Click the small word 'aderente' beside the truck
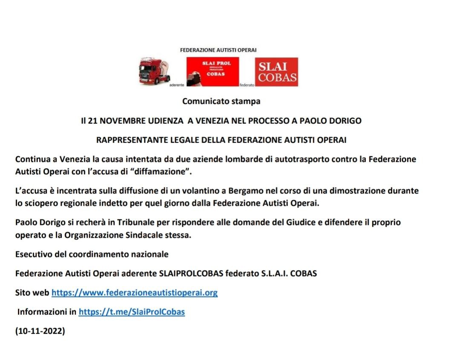(x=177, y=85)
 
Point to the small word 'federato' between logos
(x=247, y=85)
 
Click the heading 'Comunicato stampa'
(x=221, y=101)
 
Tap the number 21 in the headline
(x=92, y=121)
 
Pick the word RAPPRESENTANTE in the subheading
(x=126, y=140)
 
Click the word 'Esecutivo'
(x=32, y=254)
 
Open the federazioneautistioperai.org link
(x=135, y=293)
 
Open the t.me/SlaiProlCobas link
(x=132, y=312)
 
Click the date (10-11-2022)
(x=40, y=331)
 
